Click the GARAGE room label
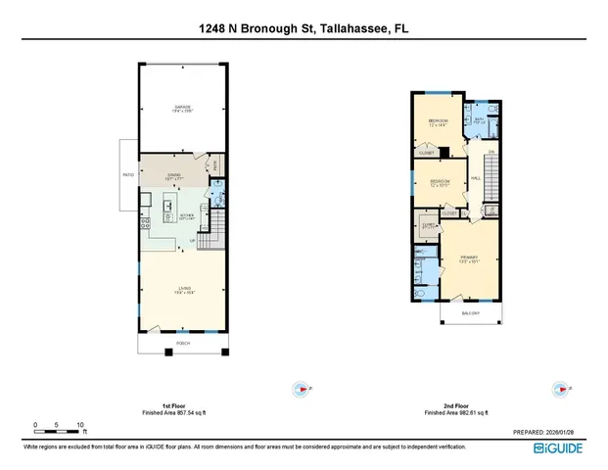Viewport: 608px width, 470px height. pos(183,108)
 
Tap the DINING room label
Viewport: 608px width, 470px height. pos(175,175)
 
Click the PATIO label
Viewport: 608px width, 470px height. pos(126,177)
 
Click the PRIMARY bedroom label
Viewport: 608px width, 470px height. pos(469,258)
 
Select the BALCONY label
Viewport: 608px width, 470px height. pos(472,313)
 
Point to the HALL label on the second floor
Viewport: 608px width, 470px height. pos(475,178)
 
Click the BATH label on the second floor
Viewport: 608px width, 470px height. pos(479,118)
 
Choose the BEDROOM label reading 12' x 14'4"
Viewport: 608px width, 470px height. pos(437,122)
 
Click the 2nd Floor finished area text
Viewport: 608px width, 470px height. pos(461,411)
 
